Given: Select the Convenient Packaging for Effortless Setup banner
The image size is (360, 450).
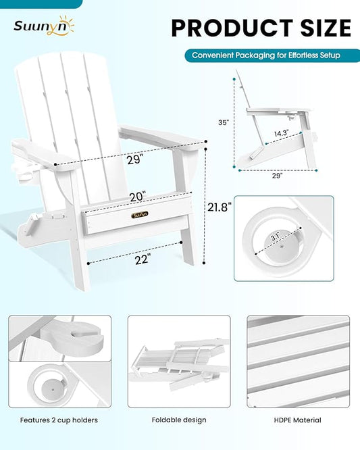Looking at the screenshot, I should click(266, 55).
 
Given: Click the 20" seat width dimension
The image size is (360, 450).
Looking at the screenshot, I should click(138, 197).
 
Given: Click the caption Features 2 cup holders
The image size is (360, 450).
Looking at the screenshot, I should click(59, 420).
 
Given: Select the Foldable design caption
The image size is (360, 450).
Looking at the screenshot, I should click(179, 420).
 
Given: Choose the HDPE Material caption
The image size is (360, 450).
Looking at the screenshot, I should click(298, 420).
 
